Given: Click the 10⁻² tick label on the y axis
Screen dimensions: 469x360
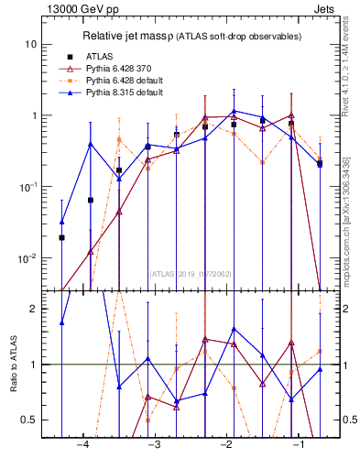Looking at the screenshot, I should tap(27, 258).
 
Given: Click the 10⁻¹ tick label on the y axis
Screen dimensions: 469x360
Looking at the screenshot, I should tap(27, 187).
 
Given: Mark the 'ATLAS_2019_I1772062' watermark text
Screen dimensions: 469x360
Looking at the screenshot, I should tap(191, 273).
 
